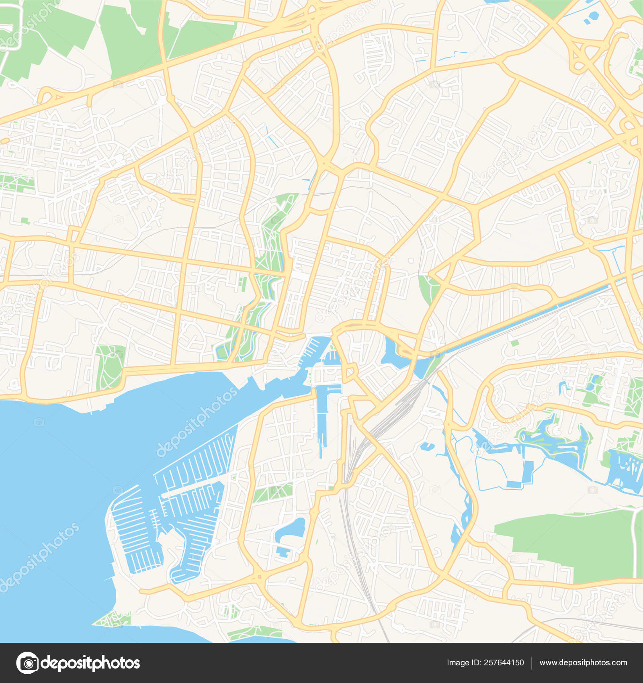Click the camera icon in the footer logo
coord(27,663)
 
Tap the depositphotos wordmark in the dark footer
coord(91,663)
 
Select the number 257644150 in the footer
coord(504,663)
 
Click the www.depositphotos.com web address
coord(583,663)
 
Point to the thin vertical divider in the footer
coord(531,663)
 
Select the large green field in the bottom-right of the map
coord(571,542)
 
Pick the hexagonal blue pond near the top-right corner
coord(593,16)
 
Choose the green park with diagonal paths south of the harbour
coord(273,492)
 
